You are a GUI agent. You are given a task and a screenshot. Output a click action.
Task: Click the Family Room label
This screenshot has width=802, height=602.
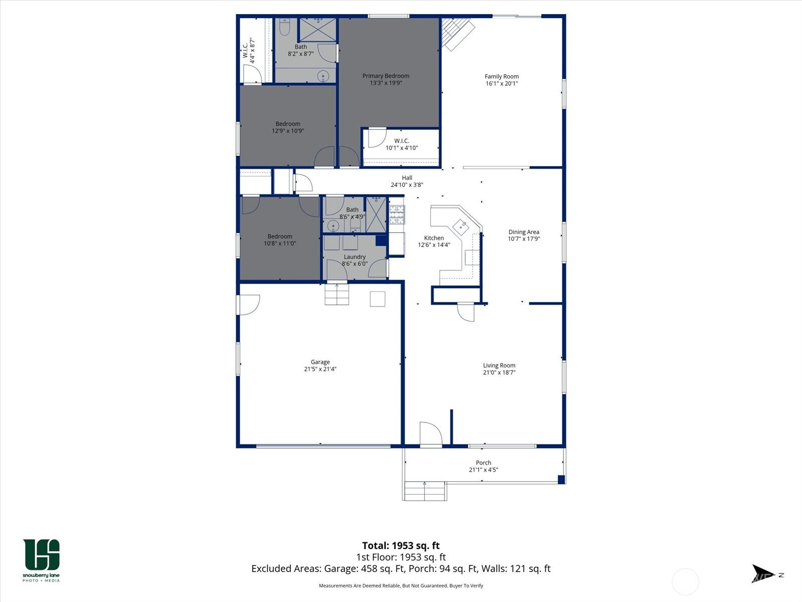(501, 77)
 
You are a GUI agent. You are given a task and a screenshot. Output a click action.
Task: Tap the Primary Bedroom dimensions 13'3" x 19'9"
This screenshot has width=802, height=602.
(386, 83)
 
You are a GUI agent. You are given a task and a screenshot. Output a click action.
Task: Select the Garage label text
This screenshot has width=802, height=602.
(320, 362)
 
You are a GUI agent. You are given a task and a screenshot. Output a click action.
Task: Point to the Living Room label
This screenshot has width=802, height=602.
(499, 366)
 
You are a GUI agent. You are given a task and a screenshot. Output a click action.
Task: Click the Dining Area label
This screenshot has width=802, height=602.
(523, 232)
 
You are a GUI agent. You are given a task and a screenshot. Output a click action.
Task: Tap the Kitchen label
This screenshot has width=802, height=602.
(434, 238)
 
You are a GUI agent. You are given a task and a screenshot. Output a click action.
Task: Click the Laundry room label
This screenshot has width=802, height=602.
(354, 257)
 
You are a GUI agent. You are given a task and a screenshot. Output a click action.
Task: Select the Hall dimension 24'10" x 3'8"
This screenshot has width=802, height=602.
(407, 185)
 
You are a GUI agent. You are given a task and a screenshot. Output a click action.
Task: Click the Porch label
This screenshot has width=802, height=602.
(483, 463)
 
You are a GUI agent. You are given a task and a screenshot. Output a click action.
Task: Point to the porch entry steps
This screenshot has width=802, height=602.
(425, 491)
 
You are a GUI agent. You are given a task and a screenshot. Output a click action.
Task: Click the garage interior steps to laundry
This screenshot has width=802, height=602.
(336, 294)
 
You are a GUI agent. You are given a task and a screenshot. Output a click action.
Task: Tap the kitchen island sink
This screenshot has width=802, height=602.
(461, 227)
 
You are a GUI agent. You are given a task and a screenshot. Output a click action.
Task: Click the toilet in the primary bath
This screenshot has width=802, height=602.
(284, 28)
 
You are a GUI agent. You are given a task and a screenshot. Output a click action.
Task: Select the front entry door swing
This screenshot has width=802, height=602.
(430, 433)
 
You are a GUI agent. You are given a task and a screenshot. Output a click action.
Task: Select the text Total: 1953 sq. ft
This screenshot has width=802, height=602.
(400, 545)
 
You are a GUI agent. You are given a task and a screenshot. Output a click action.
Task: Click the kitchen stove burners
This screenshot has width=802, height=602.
(396, 214)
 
